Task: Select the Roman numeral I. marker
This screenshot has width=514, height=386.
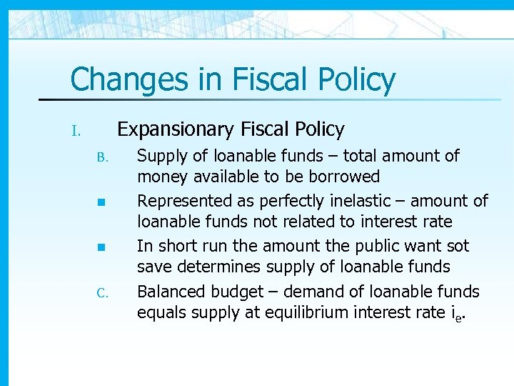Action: (78, 132)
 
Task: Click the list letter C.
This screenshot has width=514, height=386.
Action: (101, 293)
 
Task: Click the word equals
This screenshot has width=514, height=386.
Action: (161, 312)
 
